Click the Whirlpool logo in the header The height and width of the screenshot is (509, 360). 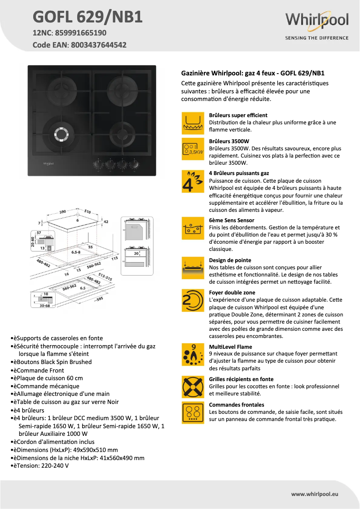point(317,21)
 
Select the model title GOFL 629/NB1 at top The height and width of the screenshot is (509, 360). point(88,17)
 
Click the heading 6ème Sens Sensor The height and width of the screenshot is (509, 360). point(232,220)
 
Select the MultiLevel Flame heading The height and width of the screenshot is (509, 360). point(230,347)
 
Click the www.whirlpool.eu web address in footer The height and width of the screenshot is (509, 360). point(314,494)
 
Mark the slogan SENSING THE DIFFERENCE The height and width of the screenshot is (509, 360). point(317,38)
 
